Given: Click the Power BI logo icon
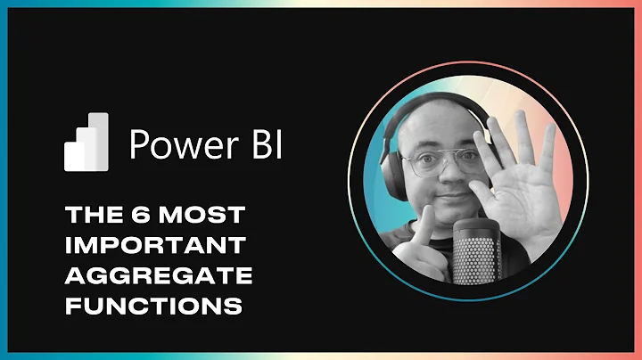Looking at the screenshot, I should pos(86,142).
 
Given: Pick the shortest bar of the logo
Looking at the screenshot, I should pos(72,155).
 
